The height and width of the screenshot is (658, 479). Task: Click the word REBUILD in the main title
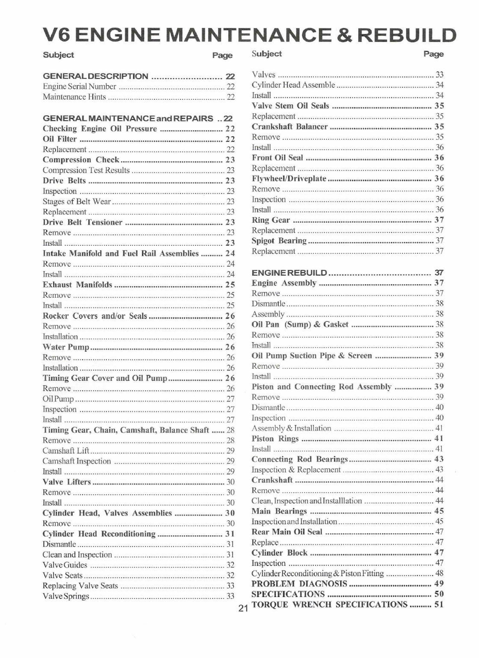(x=407, y=36)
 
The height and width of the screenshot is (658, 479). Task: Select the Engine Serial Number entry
(x=79, y=86)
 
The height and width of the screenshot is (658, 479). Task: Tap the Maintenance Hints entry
(x=74, y=97)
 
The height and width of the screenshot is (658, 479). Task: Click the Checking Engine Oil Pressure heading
(x=100, y=128)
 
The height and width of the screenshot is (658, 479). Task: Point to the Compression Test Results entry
(x=86, y=170)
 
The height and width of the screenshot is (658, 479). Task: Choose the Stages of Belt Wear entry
(x=77, y=201)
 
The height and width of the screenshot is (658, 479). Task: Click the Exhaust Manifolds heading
(x=77, y=285)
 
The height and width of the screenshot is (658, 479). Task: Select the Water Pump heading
(x=66, y=347)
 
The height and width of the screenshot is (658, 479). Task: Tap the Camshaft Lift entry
(x=66, y=451)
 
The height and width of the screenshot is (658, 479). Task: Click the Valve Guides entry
(x=65, y=565)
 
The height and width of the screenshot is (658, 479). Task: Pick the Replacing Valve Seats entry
(x=80, y=586)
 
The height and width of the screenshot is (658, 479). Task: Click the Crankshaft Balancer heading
(x=289, y=126)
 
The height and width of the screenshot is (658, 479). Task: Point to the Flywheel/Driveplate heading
(x=289, y=178)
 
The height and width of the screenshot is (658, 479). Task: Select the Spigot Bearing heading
(x=279, y=241)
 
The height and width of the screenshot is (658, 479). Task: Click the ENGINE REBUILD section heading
(x=289, y=273)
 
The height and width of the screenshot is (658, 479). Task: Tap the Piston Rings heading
(x=275, y=438)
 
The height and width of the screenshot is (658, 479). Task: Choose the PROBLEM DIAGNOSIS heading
(x=299, y=584)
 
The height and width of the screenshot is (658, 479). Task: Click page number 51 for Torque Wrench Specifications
(x=439, y=604)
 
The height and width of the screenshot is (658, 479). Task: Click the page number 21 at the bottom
(x=242, y=608)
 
